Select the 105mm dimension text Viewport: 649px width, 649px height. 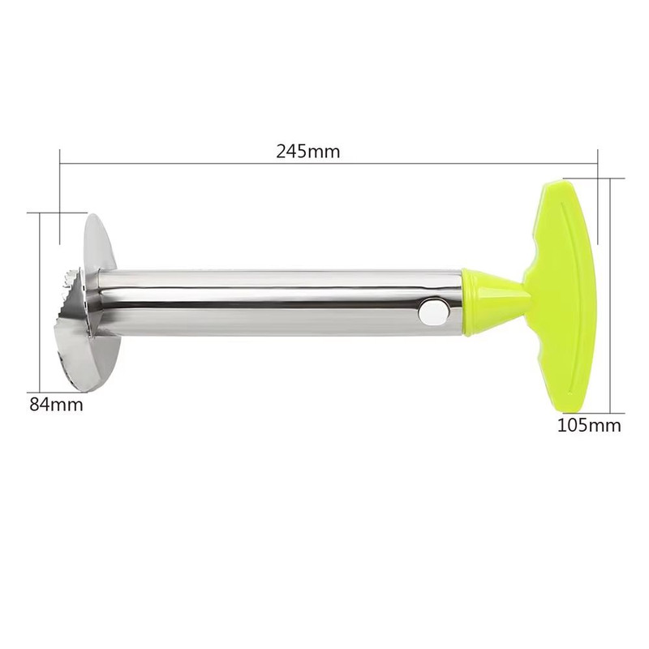pyautogui.click(x=590, y=425)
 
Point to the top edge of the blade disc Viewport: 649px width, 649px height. pyautogui.click(x=95, y=217)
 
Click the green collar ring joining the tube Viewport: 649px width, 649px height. pyautogui.click(x=470, y=300)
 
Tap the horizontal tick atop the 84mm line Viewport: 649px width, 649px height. pyautogui.click(x=45, y=213)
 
